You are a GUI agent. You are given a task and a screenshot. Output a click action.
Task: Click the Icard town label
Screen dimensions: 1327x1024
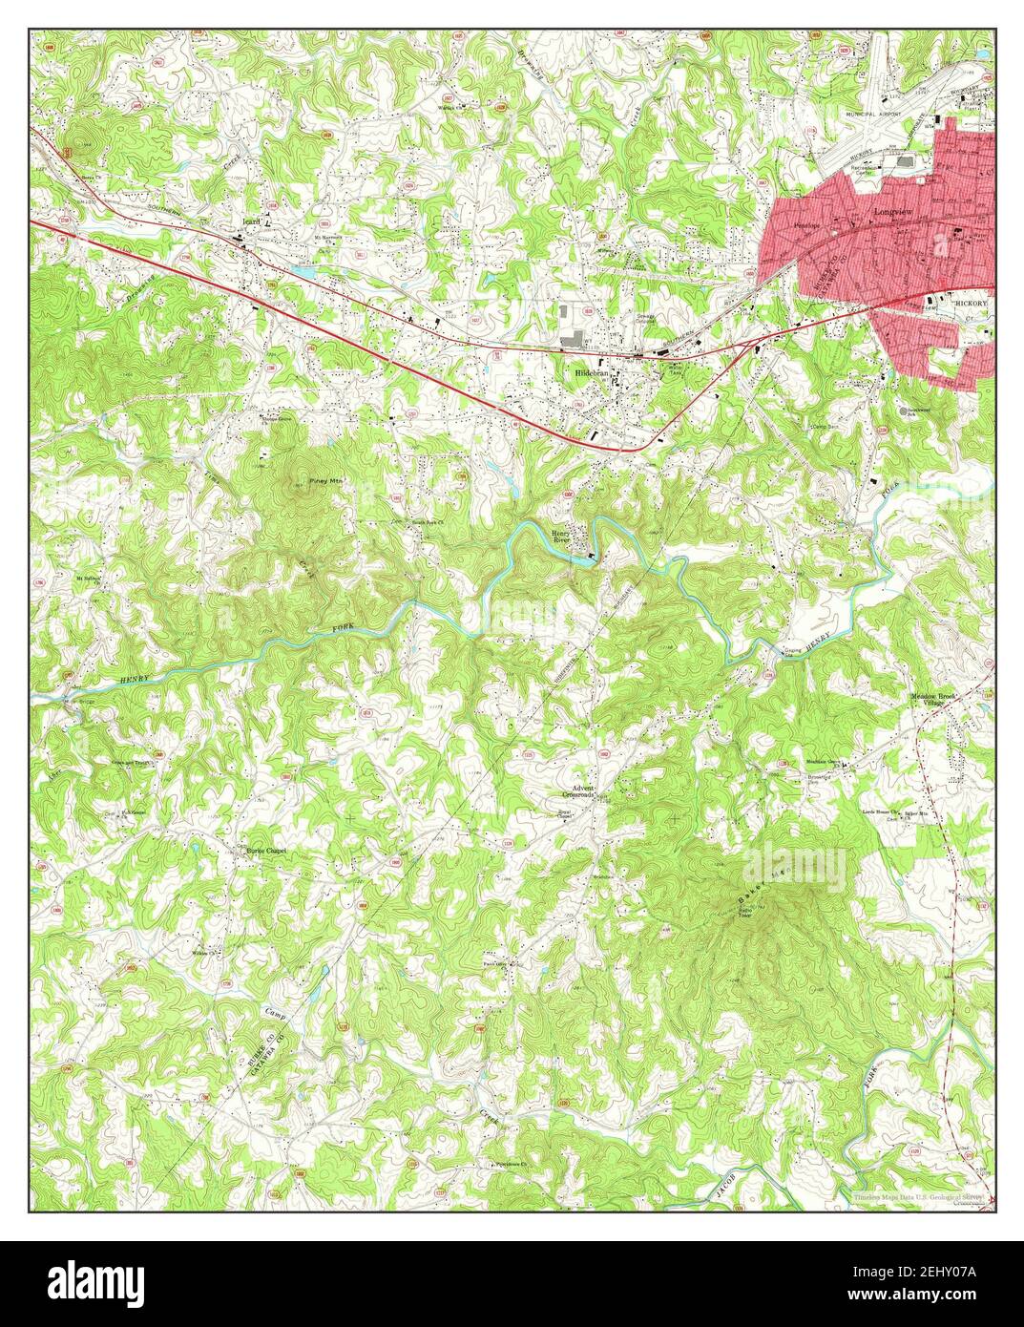pyautogui.click(x=250, y=220)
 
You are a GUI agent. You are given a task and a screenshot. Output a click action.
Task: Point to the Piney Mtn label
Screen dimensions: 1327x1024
pyautogui.click(x=324, y=481)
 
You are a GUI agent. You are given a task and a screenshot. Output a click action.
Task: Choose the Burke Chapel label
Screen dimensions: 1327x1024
pyautogui.click(x=266, y=849)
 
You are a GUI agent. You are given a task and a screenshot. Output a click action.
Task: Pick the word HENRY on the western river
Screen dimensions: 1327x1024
pyautogui.click(x=136, y=679)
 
